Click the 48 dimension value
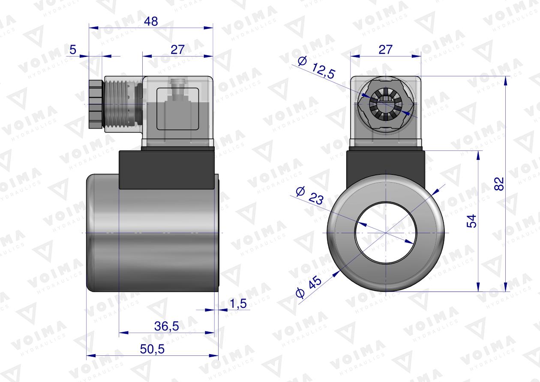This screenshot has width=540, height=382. pyautogui.click(x=150, y=21)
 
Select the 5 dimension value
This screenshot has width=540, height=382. pyautogui.click(x=73, y=50)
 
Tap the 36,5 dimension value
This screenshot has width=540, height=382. pyautogui.click(x=166, y=326)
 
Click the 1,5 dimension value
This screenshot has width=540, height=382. pyautogui.click(x=238, y=304)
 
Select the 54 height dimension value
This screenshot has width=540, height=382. pyautogui.click(x=471, y=221)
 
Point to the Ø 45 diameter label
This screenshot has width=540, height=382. pyautogui.click(x=309, y=287)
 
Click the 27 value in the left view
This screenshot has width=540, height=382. pyautogui.click(x=177, y=50)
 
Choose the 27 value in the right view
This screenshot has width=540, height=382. pyautogui.click(x=385, y=50)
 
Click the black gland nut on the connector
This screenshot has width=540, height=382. pyautogui.click(x=96, y=104)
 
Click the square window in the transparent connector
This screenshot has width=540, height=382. pyautogui.click(x=178, y=109)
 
